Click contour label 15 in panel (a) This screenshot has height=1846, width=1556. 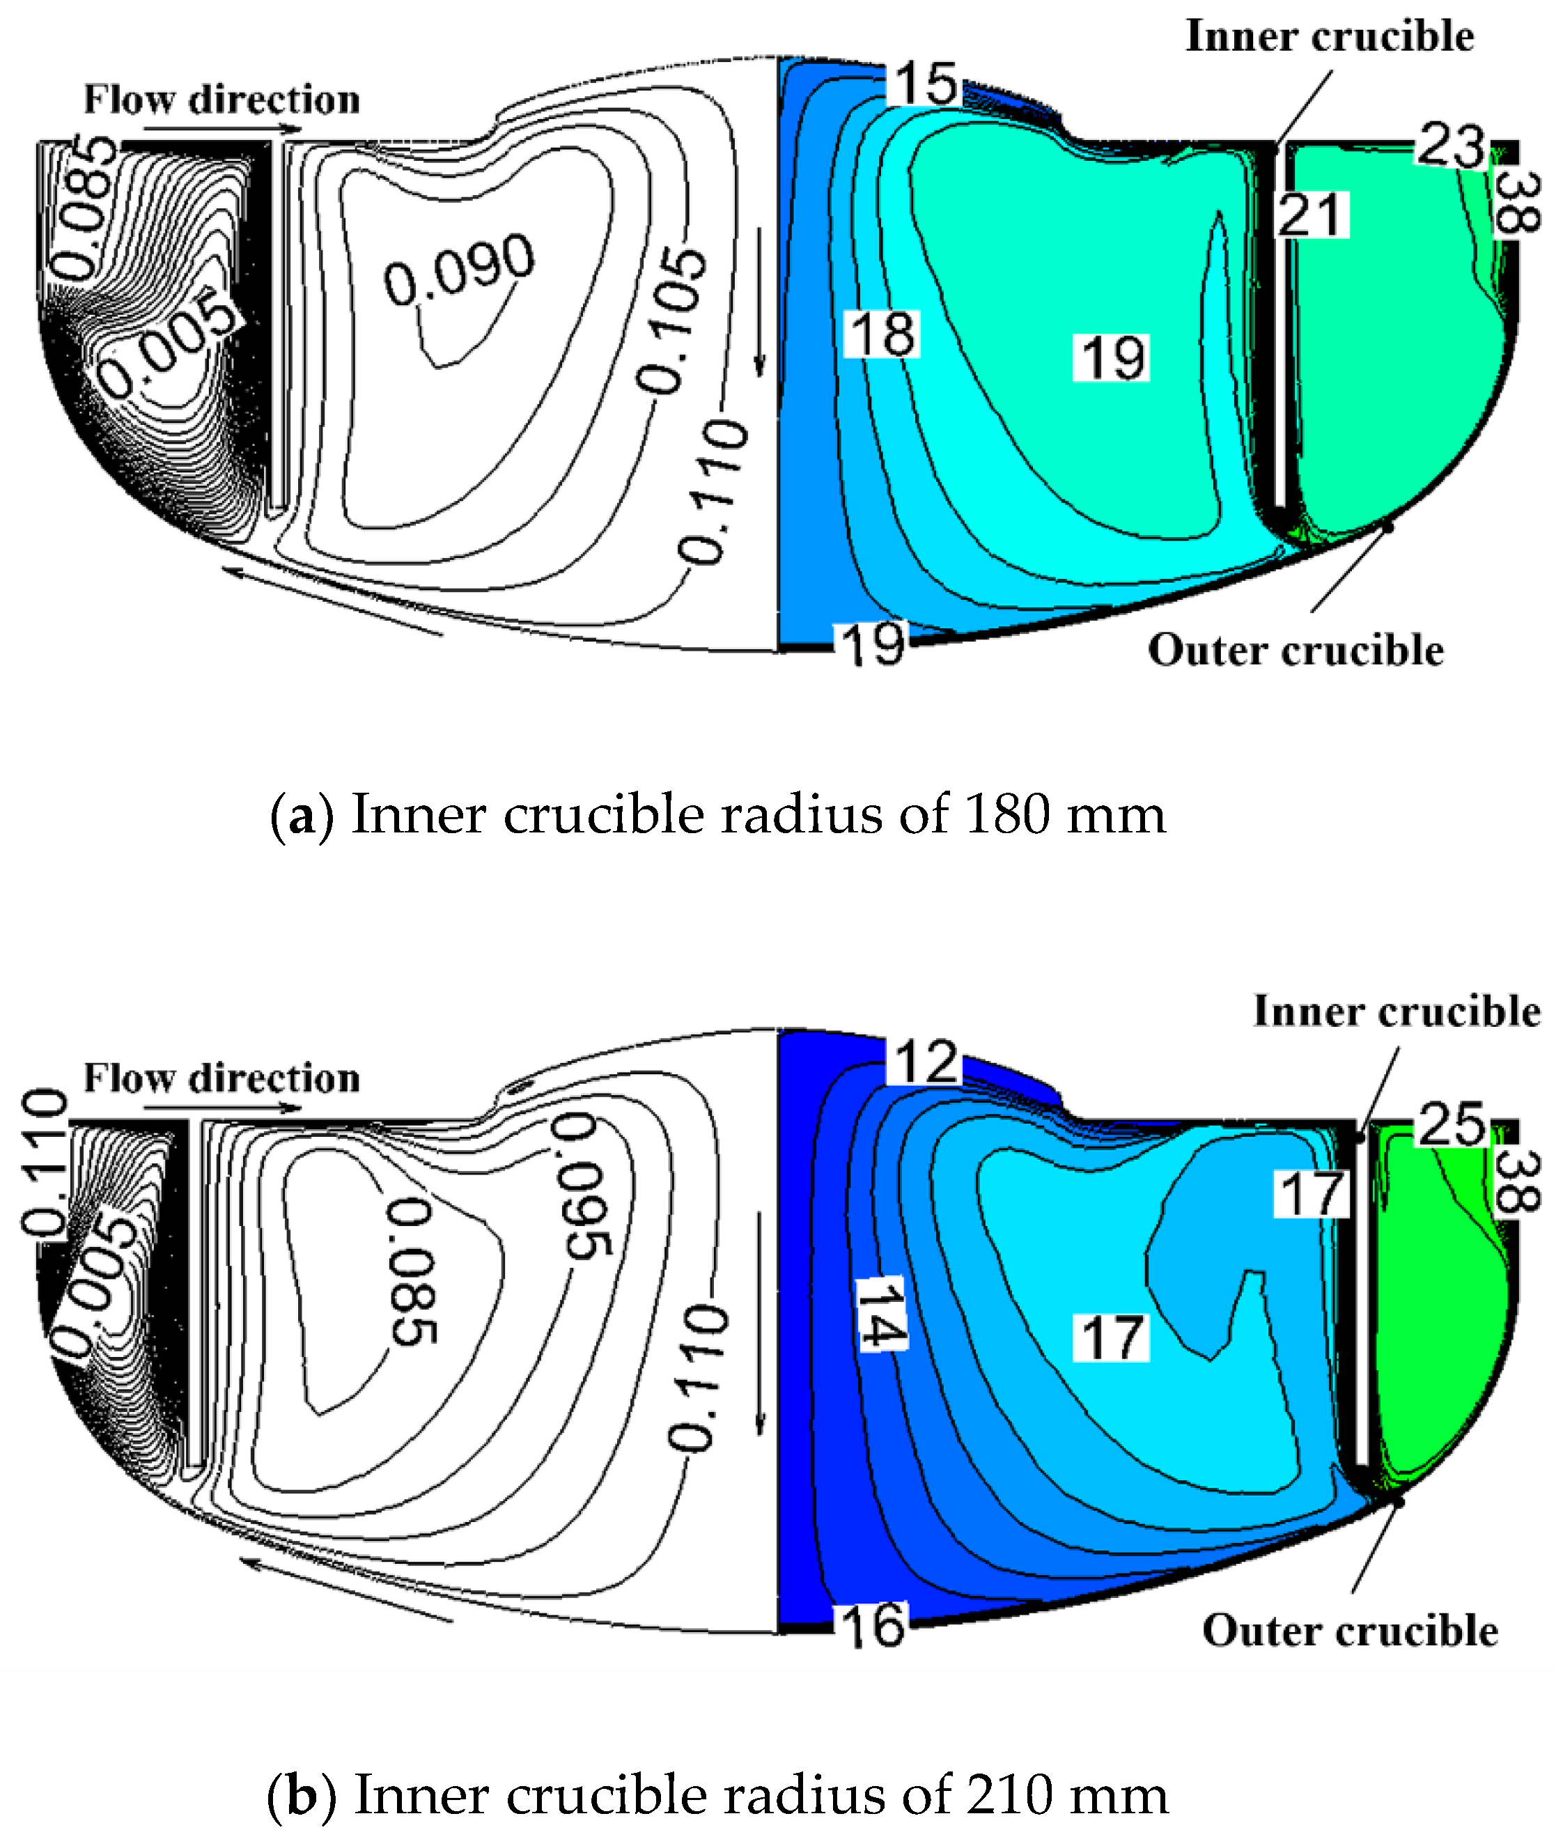(925, 84)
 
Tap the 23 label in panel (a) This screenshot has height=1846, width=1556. (1450, 146)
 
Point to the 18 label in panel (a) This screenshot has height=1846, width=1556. (882, 334)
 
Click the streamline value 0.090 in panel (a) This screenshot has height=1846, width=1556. (459, 269)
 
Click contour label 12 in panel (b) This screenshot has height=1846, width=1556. (925, 1061)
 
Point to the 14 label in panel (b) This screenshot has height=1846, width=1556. (881, 1314)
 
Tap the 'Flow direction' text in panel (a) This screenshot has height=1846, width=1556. (221, 100)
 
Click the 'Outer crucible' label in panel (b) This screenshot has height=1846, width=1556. (1350, 1630)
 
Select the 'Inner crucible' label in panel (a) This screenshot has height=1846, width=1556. (1330, 37)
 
